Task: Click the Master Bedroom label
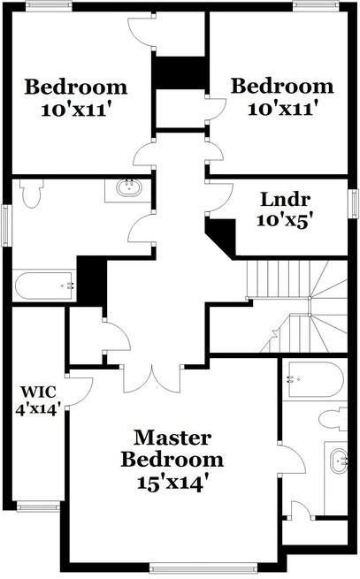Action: pos(172,449)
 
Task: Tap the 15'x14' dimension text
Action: pos(171,483)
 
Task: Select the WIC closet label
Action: pos(38,392)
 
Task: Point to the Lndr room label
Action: pos(285,200)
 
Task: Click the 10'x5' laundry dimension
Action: pos(283,221)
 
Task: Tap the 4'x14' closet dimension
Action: pos(37,410)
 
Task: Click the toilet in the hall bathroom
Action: pos(32,193)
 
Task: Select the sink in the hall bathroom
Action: pos(129,188)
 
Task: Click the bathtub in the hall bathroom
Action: pos(44,286)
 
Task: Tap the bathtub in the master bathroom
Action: pos(316,379)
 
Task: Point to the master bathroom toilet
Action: pos(333,419)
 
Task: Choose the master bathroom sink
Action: pos(339,461)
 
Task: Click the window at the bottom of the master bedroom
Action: pos(203,568)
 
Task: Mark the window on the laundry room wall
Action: pos(354,203)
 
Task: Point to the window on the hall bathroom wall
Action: pos(6,225)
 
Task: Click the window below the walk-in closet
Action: pos(38,507)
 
